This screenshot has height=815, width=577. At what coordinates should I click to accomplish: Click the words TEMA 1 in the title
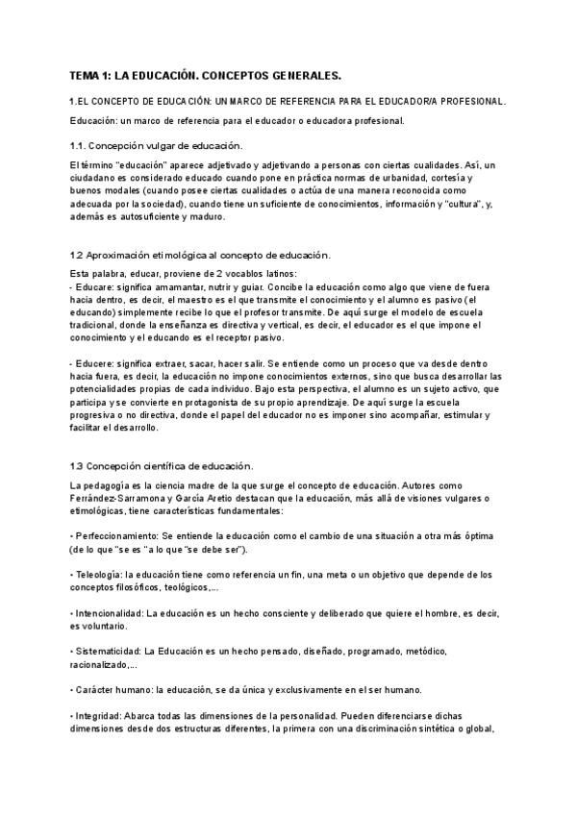89,74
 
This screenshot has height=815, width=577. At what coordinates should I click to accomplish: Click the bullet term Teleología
96,574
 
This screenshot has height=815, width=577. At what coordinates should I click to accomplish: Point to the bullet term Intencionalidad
108,612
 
